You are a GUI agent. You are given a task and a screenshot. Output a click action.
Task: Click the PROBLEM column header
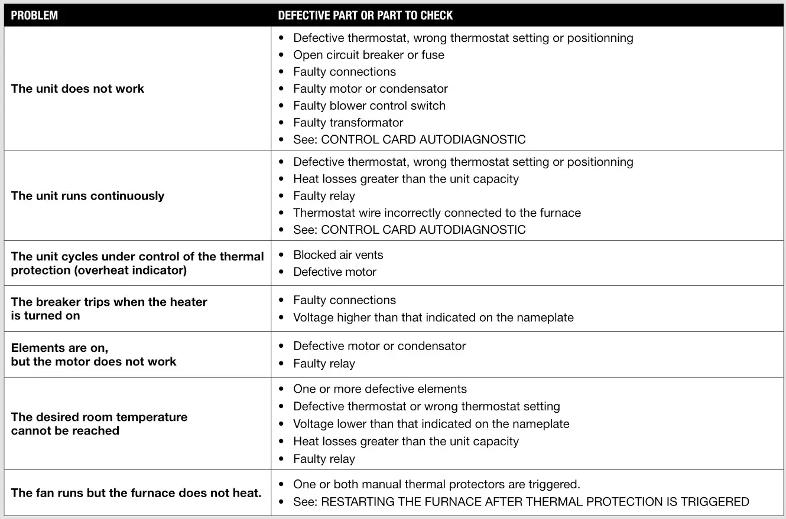[34, 15]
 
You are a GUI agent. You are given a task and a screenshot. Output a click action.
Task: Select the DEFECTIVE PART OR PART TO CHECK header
[365, 15]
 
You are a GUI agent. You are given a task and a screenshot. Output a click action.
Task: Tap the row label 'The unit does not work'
[77, 89]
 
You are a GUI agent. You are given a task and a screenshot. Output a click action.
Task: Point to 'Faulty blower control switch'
[369, 106]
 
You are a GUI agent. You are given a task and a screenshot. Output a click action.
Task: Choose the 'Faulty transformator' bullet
[348, 123]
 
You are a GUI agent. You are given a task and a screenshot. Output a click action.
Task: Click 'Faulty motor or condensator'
[371, 89]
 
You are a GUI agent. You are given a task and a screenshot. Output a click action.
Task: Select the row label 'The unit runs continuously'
[87, 196]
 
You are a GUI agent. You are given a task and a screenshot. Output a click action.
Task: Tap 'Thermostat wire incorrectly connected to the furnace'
[437, 213]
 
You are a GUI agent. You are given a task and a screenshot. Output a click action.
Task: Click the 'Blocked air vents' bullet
[338, 255]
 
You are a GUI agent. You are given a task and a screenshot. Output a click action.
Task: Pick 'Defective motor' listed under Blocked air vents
[334, 272]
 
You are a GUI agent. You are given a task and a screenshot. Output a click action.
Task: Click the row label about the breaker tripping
[109, 309]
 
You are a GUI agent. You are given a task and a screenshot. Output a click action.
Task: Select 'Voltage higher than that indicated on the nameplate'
[433, 317]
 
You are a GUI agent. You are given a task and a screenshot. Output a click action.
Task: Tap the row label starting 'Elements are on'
[93, 355]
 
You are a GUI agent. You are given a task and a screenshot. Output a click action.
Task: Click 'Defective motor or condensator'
[379, 346]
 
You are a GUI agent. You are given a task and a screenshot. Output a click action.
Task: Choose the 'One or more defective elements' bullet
[380, 389]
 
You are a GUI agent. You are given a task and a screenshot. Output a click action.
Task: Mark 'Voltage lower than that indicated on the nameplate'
[431, 424]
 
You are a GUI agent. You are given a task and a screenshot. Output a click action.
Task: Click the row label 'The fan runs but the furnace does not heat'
[136, 493]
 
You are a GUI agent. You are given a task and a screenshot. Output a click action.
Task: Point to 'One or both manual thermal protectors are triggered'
[437, 484]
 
